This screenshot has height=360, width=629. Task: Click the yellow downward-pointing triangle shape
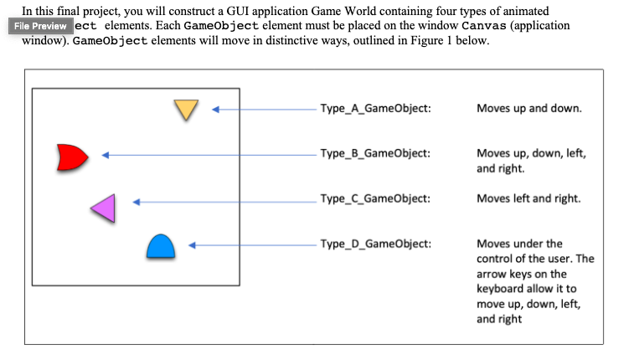tap(186, 109)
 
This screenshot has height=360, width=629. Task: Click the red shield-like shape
tap(71, 157)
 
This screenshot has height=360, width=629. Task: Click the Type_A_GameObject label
tap(375, 109)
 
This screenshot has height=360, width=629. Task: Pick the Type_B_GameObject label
tap(375, 153)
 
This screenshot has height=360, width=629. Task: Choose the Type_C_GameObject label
tap(375, 198)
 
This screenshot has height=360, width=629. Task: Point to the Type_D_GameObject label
tap(375, 244)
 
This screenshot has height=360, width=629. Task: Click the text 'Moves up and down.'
tap(528, 109)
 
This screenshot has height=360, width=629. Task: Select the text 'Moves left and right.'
tap(528, 198)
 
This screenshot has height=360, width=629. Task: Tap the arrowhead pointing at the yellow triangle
tap(215, 109)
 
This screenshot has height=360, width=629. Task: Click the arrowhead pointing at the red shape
tap(106, 154)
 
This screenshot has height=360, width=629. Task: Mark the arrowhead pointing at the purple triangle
tap(137, 202)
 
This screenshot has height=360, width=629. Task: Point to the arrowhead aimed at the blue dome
tap(192, 245)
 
